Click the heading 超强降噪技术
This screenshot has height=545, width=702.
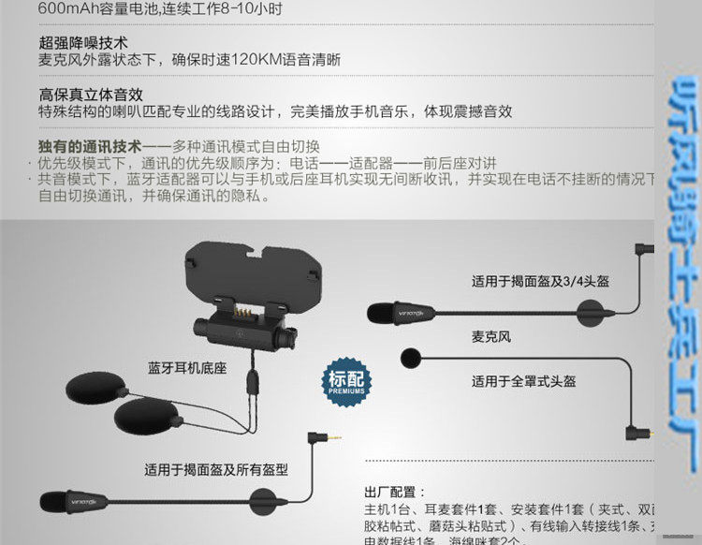pos(83,43)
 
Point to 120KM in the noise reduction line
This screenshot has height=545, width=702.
pos(255,60)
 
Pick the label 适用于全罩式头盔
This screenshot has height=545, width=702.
pos(523,381)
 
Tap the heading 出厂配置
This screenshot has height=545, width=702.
pos(394,492)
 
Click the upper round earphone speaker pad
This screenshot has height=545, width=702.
pos(96,386)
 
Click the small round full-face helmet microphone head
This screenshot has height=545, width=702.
pos(408,357)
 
